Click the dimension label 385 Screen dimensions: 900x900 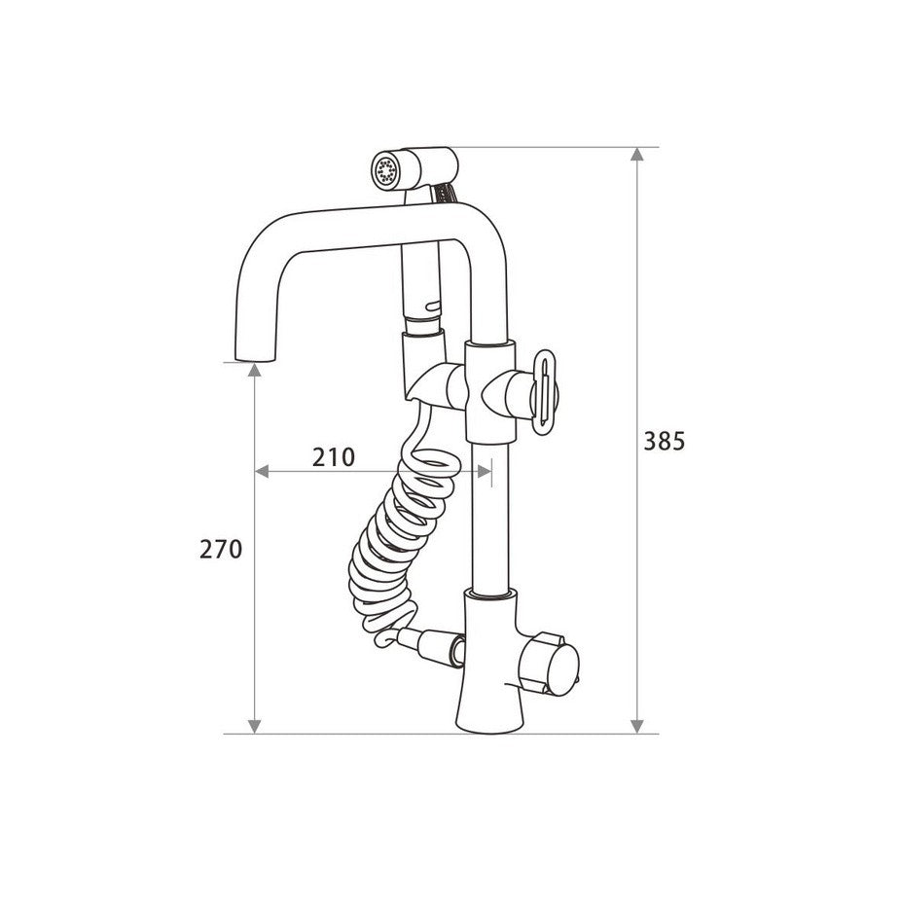[x=665, y=442]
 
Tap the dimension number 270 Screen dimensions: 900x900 [x=221, y=550]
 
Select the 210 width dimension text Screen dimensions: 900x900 [x=334, y=457]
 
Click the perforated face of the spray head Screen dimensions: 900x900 [x=384, y=170]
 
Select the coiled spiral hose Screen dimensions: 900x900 [x=396, y=540]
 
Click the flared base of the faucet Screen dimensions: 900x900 [x=489, y=701]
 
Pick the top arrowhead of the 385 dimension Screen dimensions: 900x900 [x=636, y=154]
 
